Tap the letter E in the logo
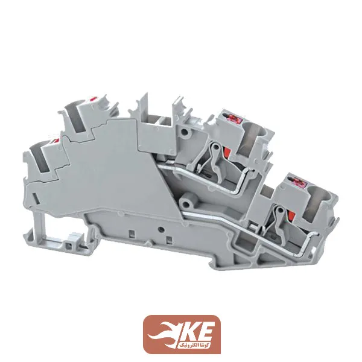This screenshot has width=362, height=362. tap(206, 331)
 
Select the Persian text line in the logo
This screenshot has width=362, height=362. tap(194, 345)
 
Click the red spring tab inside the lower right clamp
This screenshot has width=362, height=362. tap(291, 215)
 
